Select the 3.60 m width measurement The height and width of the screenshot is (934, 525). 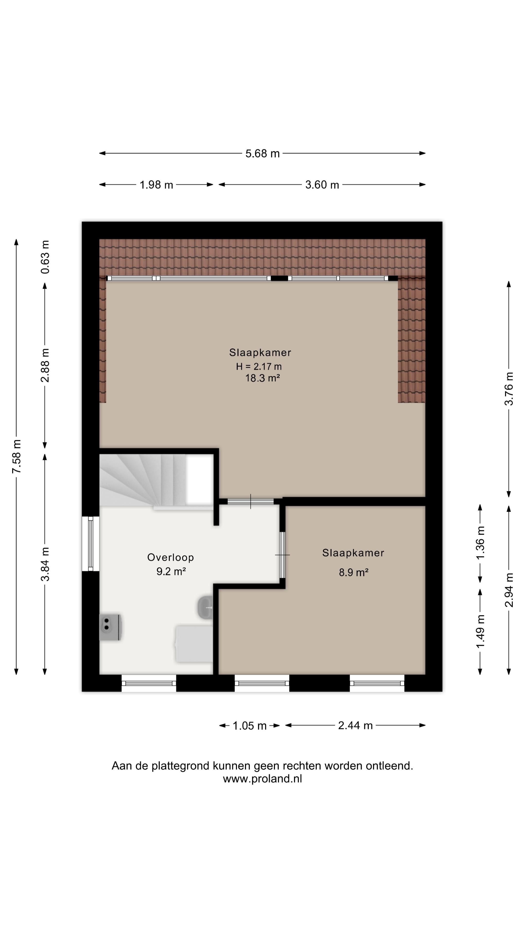[322, 185]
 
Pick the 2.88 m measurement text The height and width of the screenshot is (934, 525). [45, 366]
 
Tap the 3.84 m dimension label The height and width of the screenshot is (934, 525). [45, 564]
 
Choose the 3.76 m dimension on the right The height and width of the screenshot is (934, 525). [509, 389]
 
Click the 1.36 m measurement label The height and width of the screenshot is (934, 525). [481, 543]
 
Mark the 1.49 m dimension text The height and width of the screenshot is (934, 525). [481, 632]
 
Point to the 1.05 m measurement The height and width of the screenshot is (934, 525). [249, 726]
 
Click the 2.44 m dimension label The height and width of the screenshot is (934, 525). [355, 726]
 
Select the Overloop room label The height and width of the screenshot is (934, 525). [170, 557]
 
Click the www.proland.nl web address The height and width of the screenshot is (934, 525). [262, 779]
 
